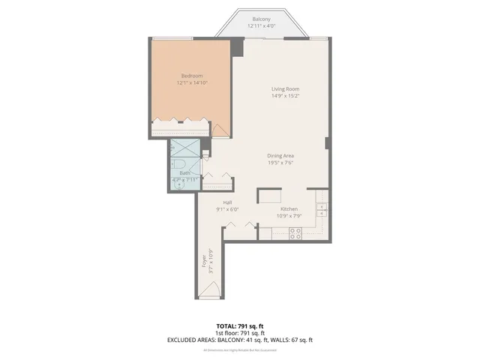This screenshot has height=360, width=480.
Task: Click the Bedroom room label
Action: click(x=191, y=75)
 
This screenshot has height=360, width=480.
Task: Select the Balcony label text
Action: click(x=261, y=19)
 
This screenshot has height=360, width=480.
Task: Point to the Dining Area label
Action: click(x=280, y=155)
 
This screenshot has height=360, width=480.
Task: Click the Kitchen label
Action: click(x=289, y=209)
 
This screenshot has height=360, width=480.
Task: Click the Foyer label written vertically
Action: click(x=203, y=263)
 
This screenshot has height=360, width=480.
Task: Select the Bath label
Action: click(x=184, y=173)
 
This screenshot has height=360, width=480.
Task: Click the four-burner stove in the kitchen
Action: click(x=295, y=232)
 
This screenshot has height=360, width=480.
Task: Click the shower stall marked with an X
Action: click(x=184, y=147)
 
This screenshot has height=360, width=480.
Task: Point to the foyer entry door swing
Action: click(x=213, y=292)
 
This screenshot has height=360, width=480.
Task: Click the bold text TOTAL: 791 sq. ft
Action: click(x=239, y=326)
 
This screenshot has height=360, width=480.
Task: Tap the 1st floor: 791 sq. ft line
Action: click(x=239, y=333)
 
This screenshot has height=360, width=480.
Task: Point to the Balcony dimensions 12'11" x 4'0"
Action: click(x=261, y=26)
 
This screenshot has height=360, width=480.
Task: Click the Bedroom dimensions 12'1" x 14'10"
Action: click(x=191, y=82)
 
